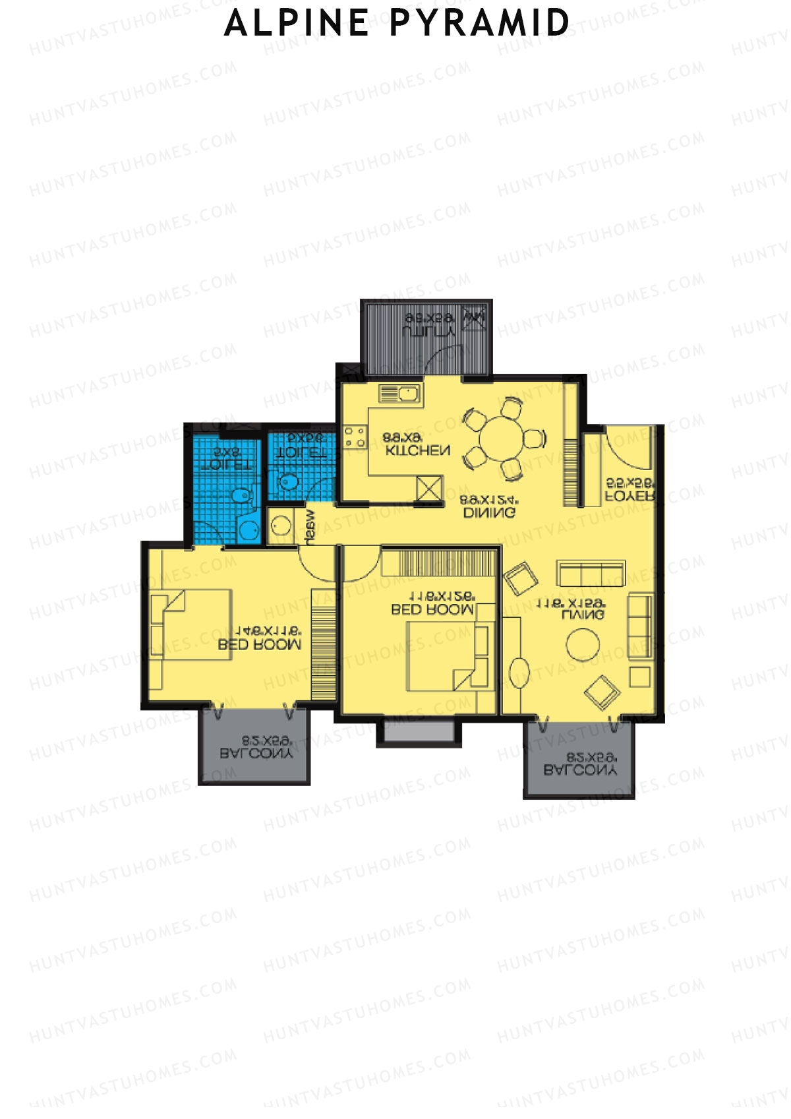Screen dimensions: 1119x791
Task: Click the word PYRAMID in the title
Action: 479,22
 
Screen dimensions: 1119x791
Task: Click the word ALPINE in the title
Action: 297,22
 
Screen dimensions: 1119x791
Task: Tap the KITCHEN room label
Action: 418,450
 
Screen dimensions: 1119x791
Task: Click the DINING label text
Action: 489,512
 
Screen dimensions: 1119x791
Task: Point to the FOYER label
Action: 630,496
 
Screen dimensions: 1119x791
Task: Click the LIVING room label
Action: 583,615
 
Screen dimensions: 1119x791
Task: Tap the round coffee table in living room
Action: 583,644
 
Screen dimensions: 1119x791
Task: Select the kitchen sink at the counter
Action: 401,394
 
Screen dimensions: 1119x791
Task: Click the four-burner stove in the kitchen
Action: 355,438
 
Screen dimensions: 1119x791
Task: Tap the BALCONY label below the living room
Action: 580,770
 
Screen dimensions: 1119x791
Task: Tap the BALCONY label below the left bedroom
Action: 256,752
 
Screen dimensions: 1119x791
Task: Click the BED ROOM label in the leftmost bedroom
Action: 260,644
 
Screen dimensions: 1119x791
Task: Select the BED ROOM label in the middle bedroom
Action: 432,610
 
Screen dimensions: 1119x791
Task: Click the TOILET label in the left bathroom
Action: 226,464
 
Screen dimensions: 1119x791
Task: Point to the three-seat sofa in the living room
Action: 591,573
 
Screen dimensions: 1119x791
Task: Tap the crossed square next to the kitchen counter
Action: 429,489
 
